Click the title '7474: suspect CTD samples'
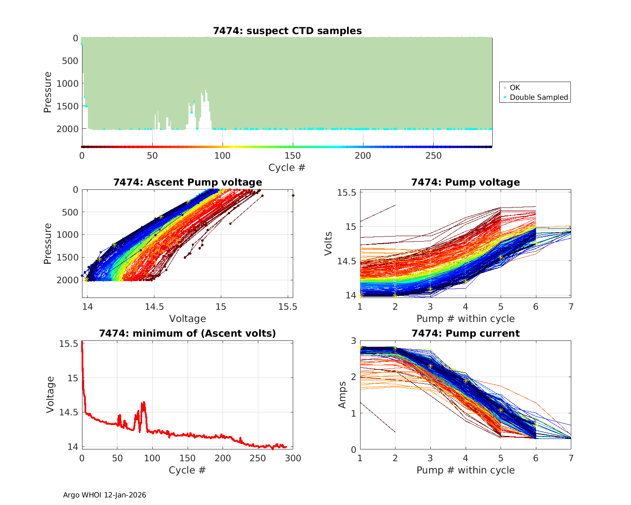point(287,31)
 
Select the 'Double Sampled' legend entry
point(538,97)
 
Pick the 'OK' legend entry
point(514,88)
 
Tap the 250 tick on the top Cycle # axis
point(434,156)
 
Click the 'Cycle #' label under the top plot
point(287,167)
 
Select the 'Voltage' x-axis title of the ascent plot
point(188,319)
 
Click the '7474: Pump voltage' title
point(465,182)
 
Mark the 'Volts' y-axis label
point(329,244)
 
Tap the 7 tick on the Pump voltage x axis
point(571,307)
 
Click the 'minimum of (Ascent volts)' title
point(188,333)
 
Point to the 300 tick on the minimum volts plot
point(293,458)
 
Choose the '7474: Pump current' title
point(465,333)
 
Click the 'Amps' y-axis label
point(343,395)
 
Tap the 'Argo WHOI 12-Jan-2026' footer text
point(104,495)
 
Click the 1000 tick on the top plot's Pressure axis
point(67,83)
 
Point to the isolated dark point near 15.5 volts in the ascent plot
point(293,195)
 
